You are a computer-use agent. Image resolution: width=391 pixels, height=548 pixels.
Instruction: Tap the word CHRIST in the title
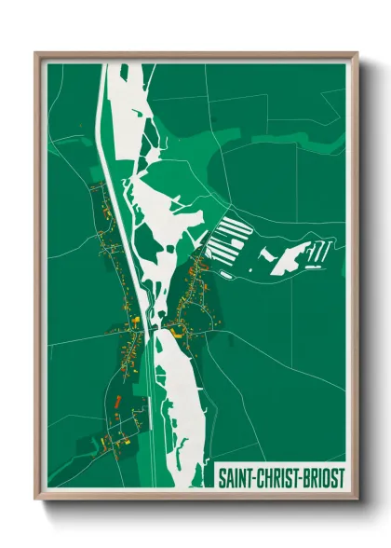coord(277,477)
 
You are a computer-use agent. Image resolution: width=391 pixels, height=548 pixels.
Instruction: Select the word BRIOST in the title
coord(322,477)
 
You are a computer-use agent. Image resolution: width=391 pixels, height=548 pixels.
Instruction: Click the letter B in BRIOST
coord(304,477)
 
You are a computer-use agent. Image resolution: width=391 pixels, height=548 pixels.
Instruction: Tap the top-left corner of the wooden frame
coord(36,54)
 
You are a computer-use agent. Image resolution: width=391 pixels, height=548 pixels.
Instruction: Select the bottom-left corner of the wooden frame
coord(36,499)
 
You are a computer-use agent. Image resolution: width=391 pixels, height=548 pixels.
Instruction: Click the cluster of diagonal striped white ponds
coord(229,242)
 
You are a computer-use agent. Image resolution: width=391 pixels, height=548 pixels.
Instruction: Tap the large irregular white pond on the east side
coord(288,257)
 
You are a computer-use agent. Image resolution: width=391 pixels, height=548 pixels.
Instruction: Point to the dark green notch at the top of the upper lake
coord(123,70)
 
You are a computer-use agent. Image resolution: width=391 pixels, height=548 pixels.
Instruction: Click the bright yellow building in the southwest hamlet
coord(102,436)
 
